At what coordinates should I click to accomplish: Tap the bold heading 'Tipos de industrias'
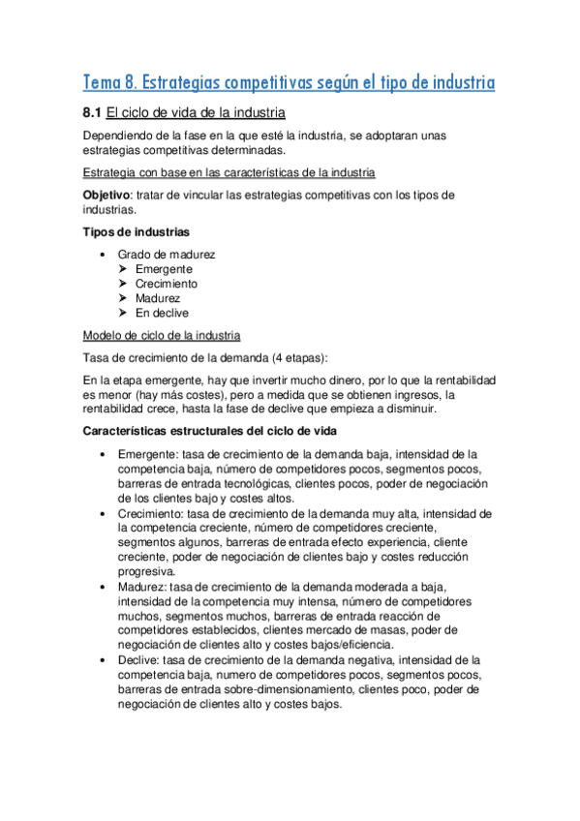[x=136, y=231]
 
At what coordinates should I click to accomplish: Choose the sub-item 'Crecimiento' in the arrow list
[x=167, y=284]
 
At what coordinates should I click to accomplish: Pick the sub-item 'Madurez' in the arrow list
[x=158, y=298]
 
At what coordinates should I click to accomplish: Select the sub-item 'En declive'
[x=162, y=313]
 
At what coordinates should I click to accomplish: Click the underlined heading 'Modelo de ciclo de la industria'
[x=163, y=335]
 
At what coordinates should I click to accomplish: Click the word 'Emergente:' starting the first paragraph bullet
[x=148, y=454]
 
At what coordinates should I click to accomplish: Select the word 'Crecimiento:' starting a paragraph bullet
[x=152, y=513]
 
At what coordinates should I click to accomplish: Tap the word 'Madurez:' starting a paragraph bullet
[x=143, y=586]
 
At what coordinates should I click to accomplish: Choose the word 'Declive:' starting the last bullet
[x=140, y=659]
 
